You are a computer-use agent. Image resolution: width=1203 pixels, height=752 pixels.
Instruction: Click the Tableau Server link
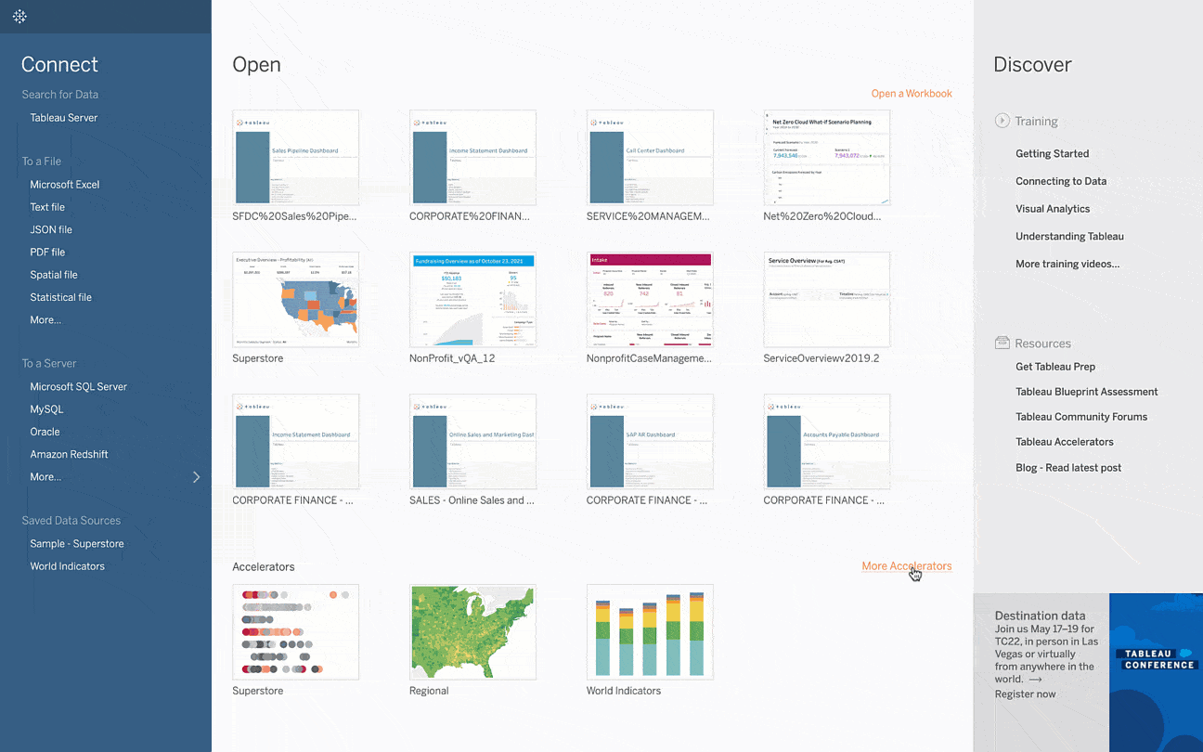tap(63, 118)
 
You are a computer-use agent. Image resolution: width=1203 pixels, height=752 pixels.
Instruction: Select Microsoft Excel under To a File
tap(64, 185)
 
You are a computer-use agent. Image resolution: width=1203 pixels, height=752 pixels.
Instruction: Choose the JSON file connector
tap(50, 229)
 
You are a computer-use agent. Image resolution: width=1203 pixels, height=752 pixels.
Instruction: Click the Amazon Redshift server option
tap(69, 454)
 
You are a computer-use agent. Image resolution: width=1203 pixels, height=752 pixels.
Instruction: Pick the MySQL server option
tap(46, 409)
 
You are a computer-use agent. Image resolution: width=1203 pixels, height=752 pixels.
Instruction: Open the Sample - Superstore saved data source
tap(76, 544)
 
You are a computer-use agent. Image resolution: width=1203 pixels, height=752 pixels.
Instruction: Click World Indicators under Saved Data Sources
tap(67, 566)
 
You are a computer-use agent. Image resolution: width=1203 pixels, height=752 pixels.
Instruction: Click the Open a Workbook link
tap(911, 94)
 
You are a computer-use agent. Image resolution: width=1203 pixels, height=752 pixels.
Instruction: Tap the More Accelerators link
tap(906, 566)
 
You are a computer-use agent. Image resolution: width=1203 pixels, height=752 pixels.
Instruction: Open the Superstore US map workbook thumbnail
tap(295, 300)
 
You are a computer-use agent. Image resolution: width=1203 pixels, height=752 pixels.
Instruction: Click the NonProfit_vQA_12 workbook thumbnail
tap(472, 300)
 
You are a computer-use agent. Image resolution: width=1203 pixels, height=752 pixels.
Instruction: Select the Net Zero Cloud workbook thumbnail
tap(826, 158)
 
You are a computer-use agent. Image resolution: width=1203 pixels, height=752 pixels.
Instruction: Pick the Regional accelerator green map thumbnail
tap(472, 632)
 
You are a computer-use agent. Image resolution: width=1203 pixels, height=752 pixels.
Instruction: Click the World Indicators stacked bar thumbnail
tap(650, 632)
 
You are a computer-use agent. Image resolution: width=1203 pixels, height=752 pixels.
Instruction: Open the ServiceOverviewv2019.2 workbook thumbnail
tap(826, 300)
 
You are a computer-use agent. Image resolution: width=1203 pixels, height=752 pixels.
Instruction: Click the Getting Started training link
tap(1052, 154)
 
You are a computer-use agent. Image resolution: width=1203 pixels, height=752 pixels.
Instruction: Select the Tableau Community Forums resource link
tap(1080, 417)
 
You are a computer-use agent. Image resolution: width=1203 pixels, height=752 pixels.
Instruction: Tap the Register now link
tap(1025, 694)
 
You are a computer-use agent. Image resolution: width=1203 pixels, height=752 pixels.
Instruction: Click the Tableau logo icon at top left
tap(19, 17)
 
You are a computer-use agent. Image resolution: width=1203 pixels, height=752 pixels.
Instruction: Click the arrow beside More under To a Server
tap(196, 477)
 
